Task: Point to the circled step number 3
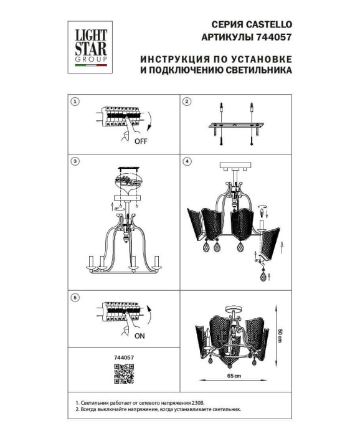(75, 161)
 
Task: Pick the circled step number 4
(186, 161)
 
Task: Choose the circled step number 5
(75, 298)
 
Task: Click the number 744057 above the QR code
(124, 358)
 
